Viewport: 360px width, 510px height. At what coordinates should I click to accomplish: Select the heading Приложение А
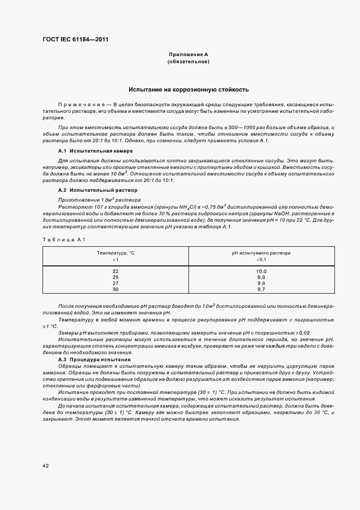(x=188, y=55)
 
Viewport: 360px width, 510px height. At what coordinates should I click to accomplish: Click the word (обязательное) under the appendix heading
(x=188, y=62)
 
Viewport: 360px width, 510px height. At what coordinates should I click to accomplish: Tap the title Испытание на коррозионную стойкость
(x=188, y=89)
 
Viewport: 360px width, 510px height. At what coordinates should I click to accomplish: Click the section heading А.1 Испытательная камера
(x=95, y=150)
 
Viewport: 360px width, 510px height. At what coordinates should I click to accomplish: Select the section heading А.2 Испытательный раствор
(x=97, y=190)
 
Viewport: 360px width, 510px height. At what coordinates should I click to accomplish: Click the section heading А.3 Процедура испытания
(x=94, y=360)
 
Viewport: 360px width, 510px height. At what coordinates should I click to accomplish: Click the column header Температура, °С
(x=115, y=253)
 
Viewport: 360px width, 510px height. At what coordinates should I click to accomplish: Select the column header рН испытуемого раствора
(x=261, y=253)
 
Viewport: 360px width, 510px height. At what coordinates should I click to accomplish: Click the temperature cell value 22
(x=115, y=271)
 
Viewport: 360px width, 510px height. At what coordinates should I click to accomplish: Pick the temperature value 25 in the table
(x=115, y=277)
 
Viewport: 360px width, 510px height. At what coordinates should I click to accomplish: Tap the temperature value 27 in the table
(x=115, y=283)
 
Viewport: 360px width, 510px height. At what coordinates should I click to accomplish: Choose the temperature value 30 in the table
(x=115, y=289)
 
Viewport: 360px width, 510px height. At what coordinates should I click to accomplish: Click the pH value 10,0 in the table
(x=261, y=271)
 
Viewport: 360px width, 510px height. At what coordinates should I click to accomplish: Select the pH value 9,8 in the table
(x=261, y=283)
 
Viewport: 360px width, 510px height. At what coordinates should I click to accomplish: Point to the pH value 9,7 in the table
(x=261, y=289)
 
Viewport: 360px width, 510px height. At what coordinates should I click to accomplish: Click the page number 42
(x=46, y=465)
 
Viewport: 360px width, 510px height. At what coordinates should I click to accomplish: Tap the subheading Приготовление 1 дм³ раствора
(x=91, y=200)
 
